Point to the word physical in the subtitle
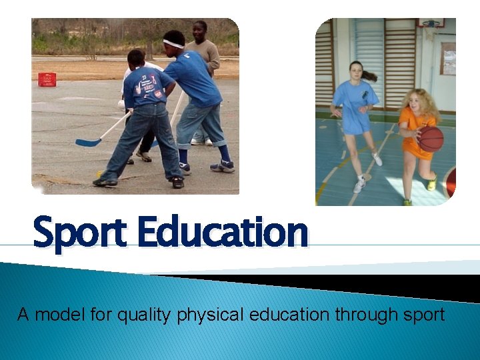pyautogui.click(x=210, y=315)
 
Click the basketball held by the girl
pyautogui.click(x=431, y=139)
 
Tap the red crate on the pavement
pyautogui.click(x=47, y=79)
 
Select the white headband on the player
pyautogui.click(x=173, y=44)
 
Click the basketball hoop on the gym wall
pyautogui.click(x=430, y=25)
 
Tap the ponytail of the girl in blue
pyautogui.click(x=369, y=76)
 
